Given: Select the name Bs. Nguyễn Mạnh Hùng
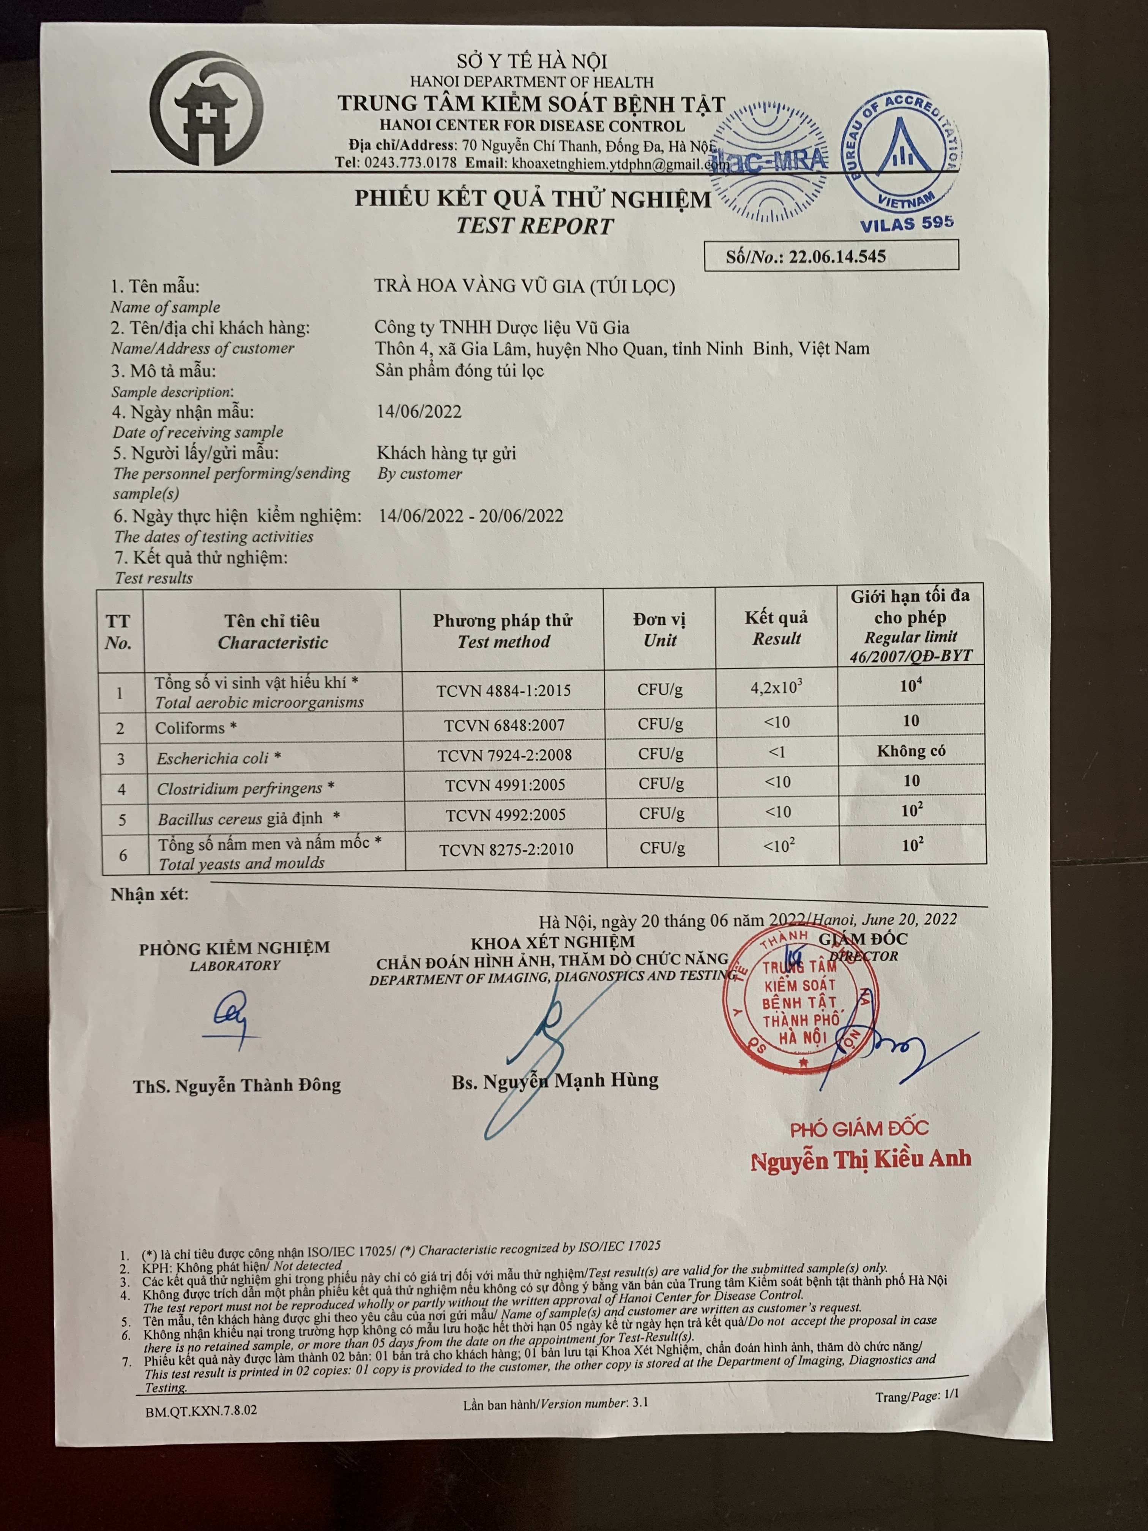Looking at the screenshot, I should point(555,1080).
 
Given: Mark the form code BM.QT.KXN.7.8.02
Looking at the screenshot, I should point(201,1409).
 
